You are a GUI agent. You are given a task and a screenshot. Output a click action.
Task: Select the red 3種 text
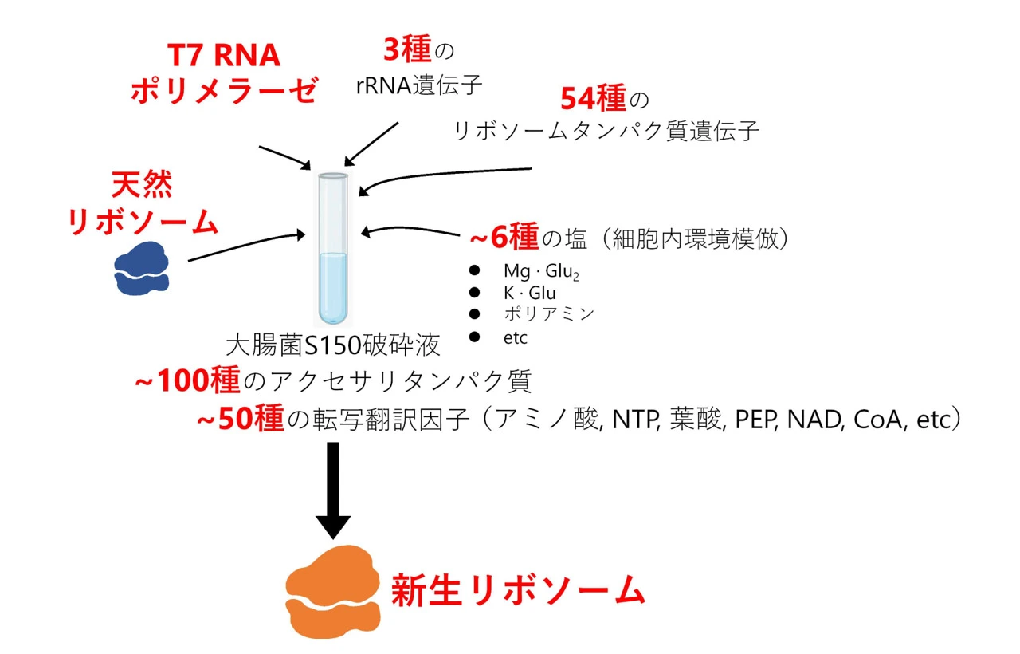coord(406,52)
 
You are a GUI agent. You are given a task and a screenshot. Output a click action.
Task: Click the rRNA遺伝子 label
coord(419,85)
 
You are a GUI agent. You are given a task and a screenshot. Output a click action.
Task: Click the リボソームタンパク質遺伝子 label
coord(606,131)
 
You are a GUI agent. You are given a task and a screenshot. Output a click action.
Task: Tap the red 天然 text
coord(142,188)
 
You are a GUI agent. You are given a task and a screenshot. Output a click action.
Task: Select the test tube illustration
coord(332,239)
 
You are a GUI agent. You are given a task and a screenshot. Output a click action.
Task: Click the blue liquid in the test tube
coord(332,287)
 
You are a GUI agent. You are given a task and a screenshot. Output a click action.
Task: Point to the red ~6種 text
coord(504,238)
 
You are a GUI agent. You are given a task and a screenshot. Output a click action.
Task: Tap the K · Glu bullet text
coord(529,293)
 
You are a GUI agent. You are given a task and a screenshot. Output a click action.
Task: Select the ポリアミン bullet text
coord(548,313)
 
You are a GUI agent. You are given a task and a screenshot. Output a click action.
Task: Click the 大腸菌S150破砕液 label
coord(333,346)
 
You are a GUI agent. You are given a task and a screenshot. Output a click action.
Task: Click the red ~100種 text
coord(188,382)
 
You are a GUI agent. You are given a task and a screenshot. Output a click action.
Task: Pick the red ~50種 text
coord(240,420)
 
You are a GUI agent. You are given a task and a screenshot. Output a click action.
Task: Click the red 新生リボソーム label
coord(517,592)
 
